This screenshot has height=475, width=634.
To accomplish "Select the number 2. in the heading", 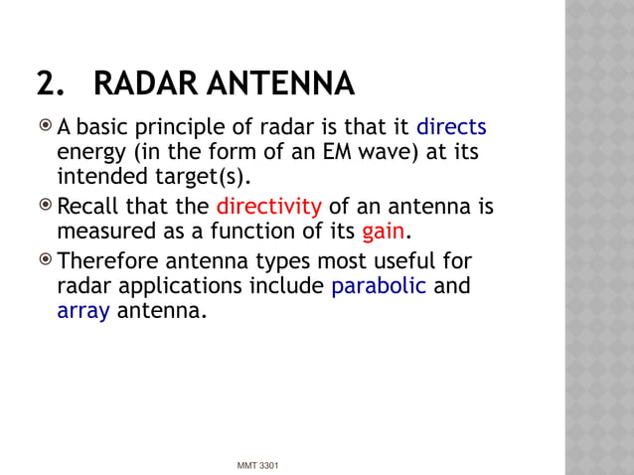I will tap(51, 83).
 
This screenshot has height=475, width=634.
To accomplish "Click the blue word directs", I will tap(451, 128).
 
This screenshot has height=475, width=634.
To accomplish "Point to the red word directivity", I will tap(268, 207).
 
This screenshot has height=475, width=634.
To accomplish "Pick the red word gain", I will tap(383, 233).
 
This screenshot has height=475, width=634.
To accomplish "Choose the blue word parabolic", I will tap(379, 286).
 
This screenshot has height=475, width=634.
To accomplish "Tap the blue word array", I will tap(83, 312).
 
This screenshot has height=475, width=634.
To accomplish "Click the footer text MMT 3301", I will tap(257, 465).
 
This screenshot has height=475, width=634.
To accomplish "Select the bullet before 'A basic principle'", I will tap(46, 128).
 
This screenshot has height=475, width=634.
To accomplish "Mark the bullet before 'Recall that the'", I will tap(46, 207).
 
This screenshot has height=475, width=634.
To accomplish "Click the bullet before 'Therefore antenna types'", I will tap(46, 261).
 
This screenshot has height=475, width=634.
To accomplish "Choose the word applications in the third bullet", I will tap(195, 286).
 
